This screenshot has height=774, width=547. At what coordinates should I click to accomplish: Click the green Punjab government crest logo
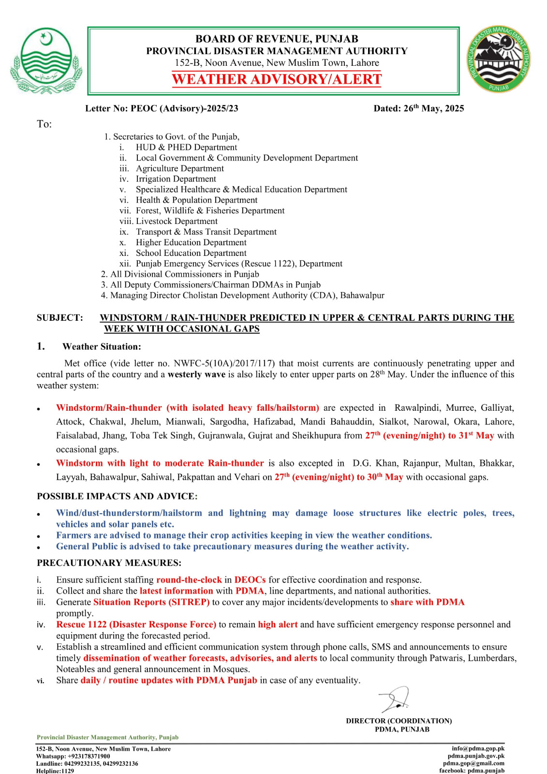(x=46, y=60)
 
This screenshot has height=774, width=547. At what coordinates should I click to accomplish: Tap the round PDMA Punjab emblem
(x=498, y=60)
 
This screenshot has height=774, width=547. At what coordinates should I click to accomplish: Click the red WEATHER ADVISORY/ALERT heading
(x=277, y=79)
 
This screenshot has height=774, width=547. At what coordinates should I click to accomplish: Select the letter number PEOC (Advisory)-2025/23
(x=162, y=108)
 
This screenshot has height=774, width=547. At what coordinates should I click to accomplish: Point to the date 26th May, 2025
(x=418, y=108)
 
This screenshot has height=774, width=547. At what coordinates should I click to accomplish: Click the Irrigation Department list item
(x=176, y=179)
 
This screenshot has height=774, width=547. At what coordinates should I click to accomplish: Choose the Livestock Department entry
(x=177, y=222)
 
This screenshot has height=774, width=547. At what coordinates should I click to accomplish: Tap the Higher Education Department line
(x=191, y=242)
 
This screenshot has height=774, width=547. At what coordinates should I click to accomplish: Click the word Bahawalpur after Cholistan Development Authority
(x=362, y=295)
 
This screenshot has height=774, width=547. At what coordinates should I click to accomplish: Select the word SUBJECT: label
(x=60, y=318)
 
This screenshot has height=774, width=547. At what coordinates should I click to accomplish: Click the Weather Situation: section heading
(x=102, y=346)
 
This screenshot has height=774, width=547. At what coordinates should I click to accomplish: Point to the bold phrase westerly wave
(x=196, y=374)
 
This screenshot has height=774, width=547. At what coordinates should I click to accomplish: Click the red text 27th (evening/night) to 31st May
(x=429, y=435)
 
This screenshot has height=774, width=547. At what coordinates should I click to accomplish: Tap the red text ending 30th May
(x=339, y=477)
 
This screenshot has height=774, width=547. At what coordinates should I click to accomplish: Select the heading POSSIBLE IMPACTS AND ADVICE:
(x=117, y=496)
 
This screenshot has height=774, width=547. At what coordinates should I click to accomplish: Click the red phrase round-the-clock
(x=189, y=580)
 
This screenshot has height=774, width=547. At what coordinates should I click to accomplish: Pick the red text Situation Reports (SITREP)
(x=151, y=602)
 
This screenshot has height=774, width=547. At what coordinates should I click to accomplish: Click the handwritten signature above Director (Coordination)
(x=395, y=699)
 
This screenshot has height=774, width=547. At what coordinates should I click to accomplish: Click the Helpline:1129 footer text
(x=55, y=771)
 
